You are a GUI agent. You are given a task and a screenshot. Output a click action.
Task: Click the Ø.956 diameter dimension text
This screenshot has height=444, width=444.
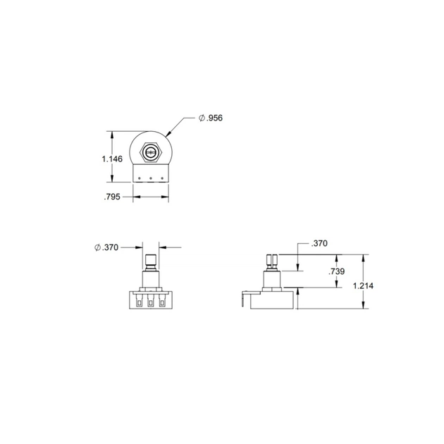pyautogui.click(x=211, y=118)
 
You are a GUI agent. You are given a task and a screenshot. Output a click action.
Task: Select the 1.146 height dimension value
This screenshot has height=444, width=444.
pyautogui.click(x=112, y=159)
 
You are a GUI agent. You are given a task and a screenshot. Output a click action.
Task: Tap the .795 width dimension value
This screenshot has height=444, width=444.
pyautogui.click(x=112, y=197)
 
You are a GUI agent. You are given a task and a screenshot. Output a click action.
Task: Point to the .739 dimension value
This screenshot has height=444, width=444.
pyautogui.click(x=337, y=271)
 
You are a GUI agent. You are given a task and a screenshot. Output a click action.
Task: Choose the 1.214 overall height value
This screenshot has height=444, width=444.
pyautogui.click(x=363, y=285)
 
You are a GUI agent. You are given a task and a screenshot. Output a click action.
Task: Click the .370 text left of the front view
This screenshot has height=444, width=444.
pyautogui.click(x=106, y=247)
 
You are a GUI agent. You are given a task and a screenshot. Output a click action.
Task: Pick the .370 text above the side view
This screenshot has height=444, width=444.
pyautogui.click(x=319, y=243)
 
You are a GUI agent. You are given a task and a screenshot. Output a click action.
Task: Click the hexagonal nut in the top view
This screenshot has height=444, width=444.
pyautogui.click(x=151, y=153)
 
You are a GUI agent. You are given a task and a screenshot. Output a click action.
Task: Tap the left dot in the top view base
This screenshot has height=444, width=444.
pyautogui.click(x=140, y=178)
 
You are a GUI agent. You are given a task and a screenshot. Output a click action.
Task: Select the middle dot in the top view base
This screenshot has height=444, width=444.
pyautogui.click(x=151, y=178)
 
